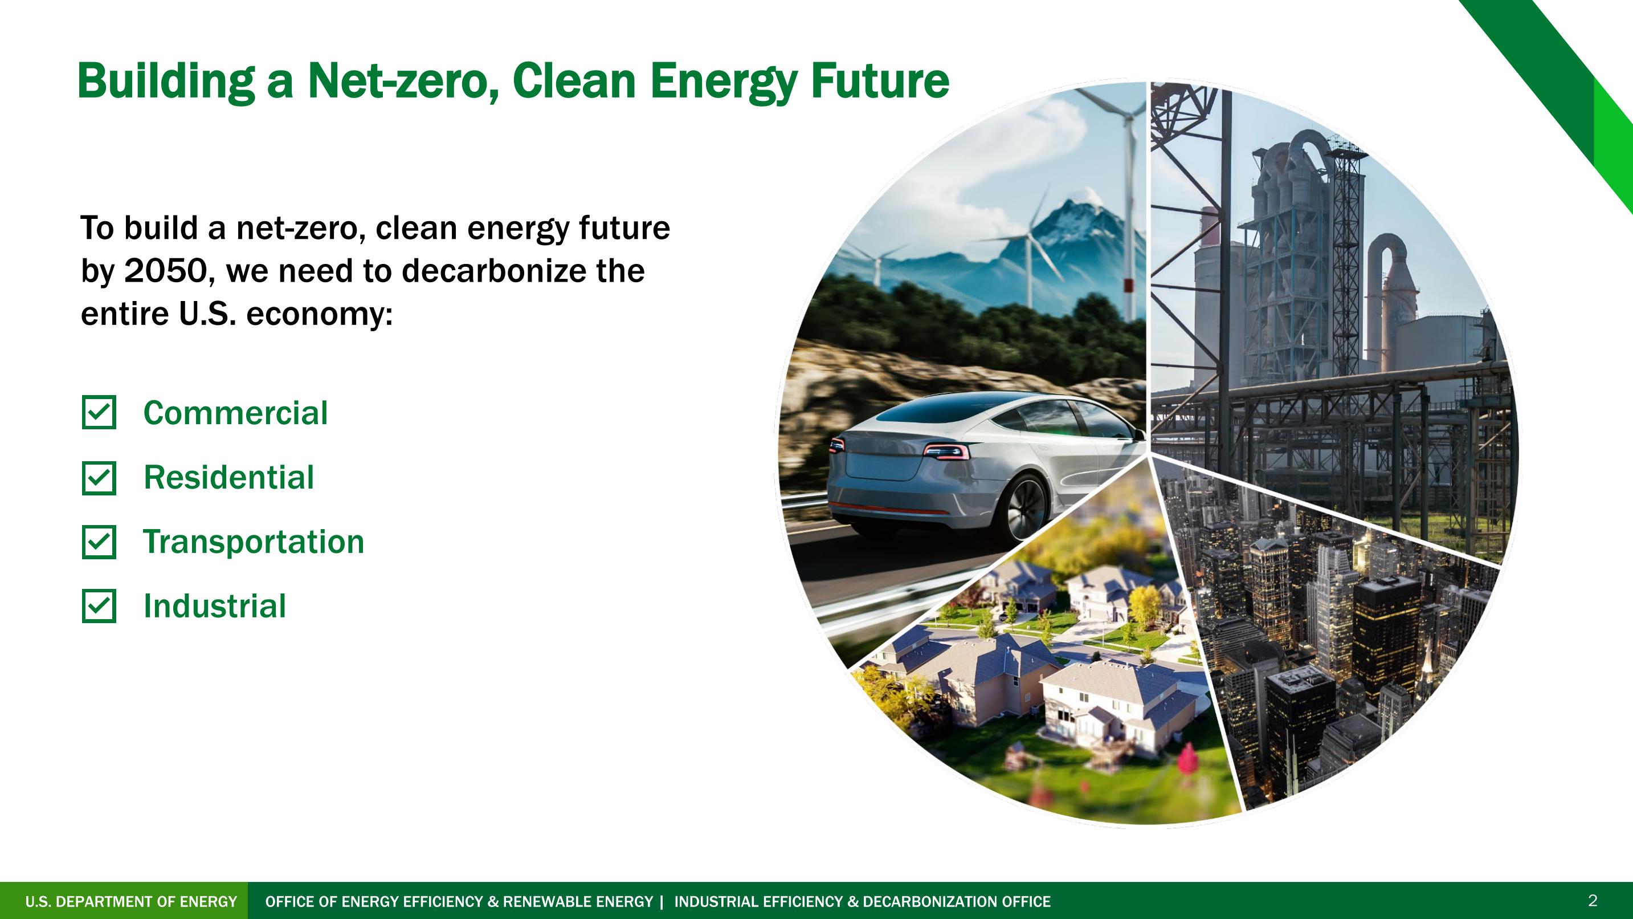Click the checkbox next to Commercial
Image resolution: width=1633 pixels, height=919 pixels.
99,413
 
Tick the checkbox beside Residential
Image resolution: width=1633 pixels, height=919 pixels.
99,478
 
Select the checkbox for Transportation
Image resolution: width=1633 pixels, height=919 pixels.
99,542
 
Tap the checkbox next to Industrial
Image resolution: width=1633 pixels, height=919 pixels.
99,607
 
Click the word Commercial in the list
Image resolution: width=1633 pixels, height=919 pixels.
236,413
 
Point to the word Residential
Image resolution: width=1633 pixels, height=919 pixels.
229,478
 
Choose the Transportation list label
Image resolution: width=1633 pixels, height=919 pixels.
254,542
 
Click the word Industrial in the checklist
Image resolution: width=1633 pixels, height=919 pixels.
215,607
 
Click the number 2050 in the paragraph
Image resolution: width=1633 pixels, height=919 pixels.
165,271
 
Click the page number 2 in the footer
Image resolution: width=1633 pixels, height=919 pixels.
1593,900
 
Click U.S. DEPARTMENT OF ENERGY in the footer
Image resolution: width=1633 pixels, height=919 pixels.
131,901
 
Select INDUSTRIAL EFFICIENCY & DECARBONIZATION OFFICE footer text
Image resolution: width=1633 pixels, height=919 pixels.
862,901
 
